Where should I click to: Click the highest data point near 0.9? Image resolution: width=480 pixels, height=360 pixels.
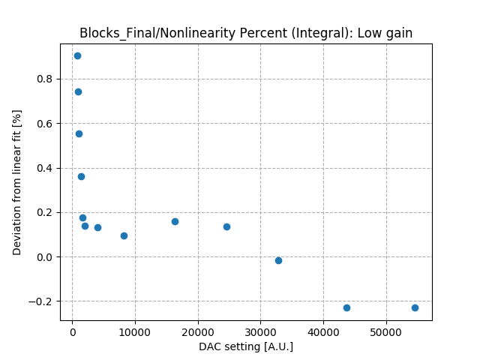click(77, 55)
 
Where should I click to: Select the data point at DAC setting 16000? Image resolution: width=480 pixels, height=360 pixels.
click(175, 221)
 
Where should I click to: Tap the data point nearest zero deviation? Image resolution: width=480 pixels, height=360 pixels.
click(278, 260)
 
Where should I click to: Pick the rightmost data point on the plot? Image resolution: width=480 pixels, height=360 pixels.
click(415, 307)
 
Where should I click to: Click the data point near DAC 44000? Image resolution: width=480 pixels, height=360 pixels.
click(346, 307)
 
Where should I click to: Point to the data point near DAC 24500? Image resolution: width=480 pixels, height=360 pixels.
click(226, 226)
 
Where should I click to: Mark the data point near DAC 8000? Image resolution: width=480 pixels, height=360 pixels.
click(124, 235)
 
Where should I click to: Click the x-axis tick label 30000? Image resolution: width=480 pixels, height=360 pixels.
click(260, 332)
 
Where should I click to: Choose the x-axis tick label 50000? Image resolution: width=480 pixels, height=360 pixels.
click(386, 332)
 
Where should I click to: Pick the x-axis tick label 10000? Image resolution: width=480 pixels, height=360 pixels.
click(135, 332)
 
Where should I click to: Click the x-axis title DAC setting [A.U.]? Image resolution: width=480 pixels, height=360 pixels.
click(246, 346)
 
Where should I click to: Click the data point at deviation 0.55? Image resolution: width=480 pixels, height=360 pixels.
click(79, 133)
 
